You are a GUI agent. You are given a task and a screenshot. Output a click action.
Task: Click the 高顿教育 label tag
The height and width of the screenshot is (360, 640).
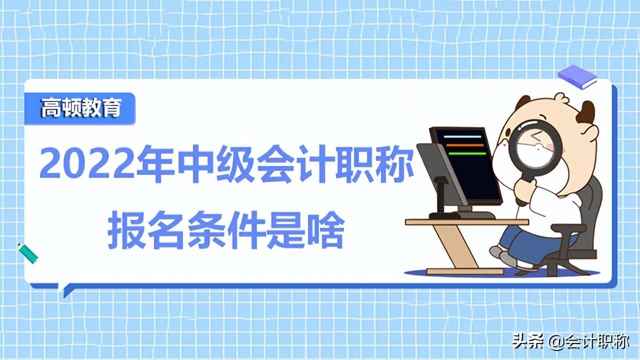coord(80,108)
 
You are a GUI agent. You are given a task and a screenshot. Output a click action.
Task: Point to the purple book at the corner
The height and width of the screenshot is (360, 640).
coord(577,76)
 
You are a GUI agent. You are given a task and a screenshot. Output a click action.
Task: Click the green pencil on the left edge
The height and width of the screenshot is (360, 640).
coord(28,253)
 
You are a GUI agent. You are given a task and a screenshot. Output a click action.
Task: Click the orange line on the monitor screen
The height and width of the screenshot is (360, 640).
coord(465,145)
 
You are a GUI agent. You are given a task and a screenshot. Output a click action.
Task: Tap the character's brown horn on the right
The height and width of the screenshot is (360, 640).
coord(585,112)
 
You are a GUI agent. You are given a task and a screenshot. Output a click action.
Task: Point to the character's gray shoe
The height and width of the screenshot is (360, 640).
coord(506,259)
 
